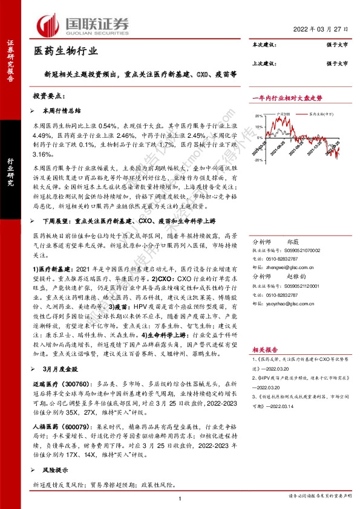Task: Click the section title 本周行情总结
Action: [x=63, y=111]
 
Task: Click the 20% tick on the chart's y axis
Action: [x=258, y=115]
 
